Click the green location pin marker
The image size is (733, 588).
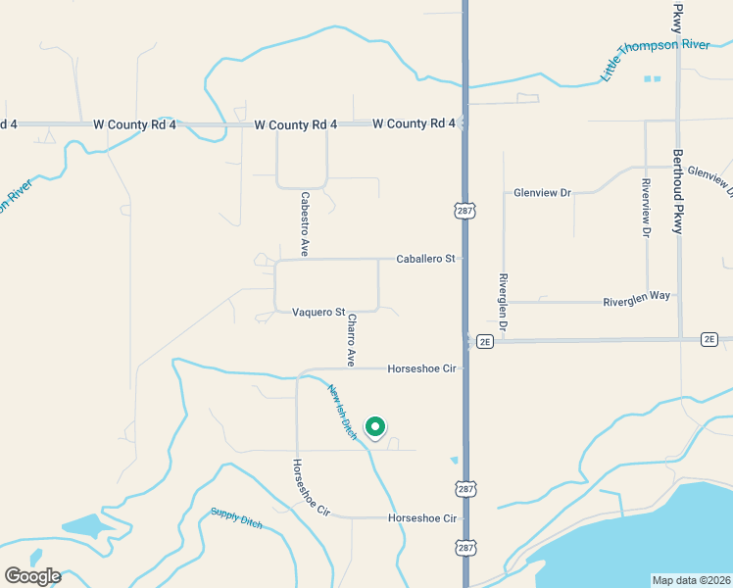[374, 427]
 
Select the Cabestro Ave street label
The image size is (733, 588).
[305, 223]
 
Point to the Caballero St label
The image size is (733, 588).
[426, 259]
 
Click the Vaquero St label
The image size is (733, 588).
[318, 313]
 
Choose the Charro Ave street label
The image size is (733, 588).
[350, 340]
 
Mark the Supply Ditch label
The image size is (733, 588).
[236, 517]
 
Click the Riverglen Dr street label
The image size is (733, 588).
[503, 302]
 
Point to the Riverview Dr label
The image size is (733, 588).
[646, 208]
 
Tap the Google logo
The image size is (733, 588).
[32, 576]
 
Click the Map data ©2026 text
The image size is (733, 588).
[692, 578]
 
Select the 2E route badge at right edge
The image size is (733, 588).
[709, 339]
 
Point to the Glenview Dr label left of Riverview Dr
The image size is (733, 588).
[542, 193]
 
